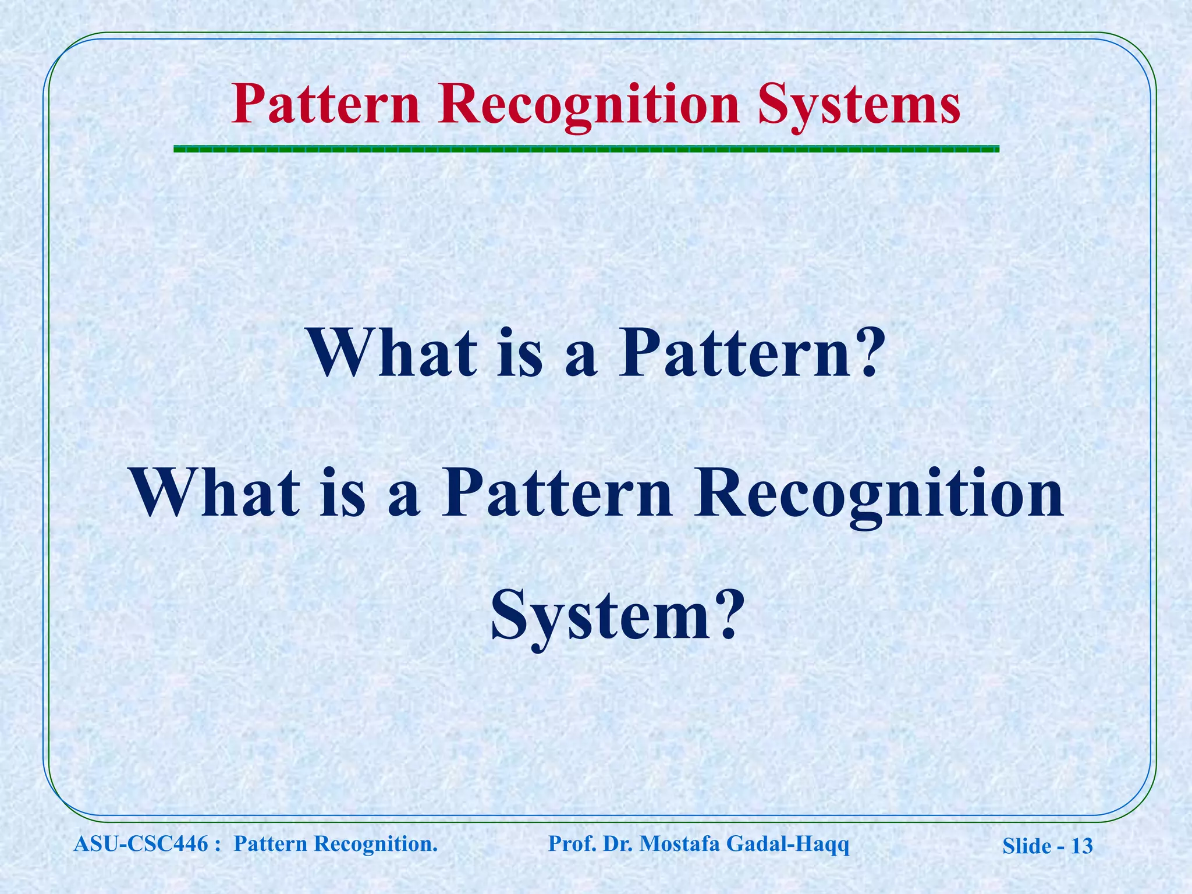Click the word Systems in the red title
[859, 105]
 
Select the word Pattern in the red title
[325, 105]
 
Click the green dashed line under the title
[586, 150]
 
